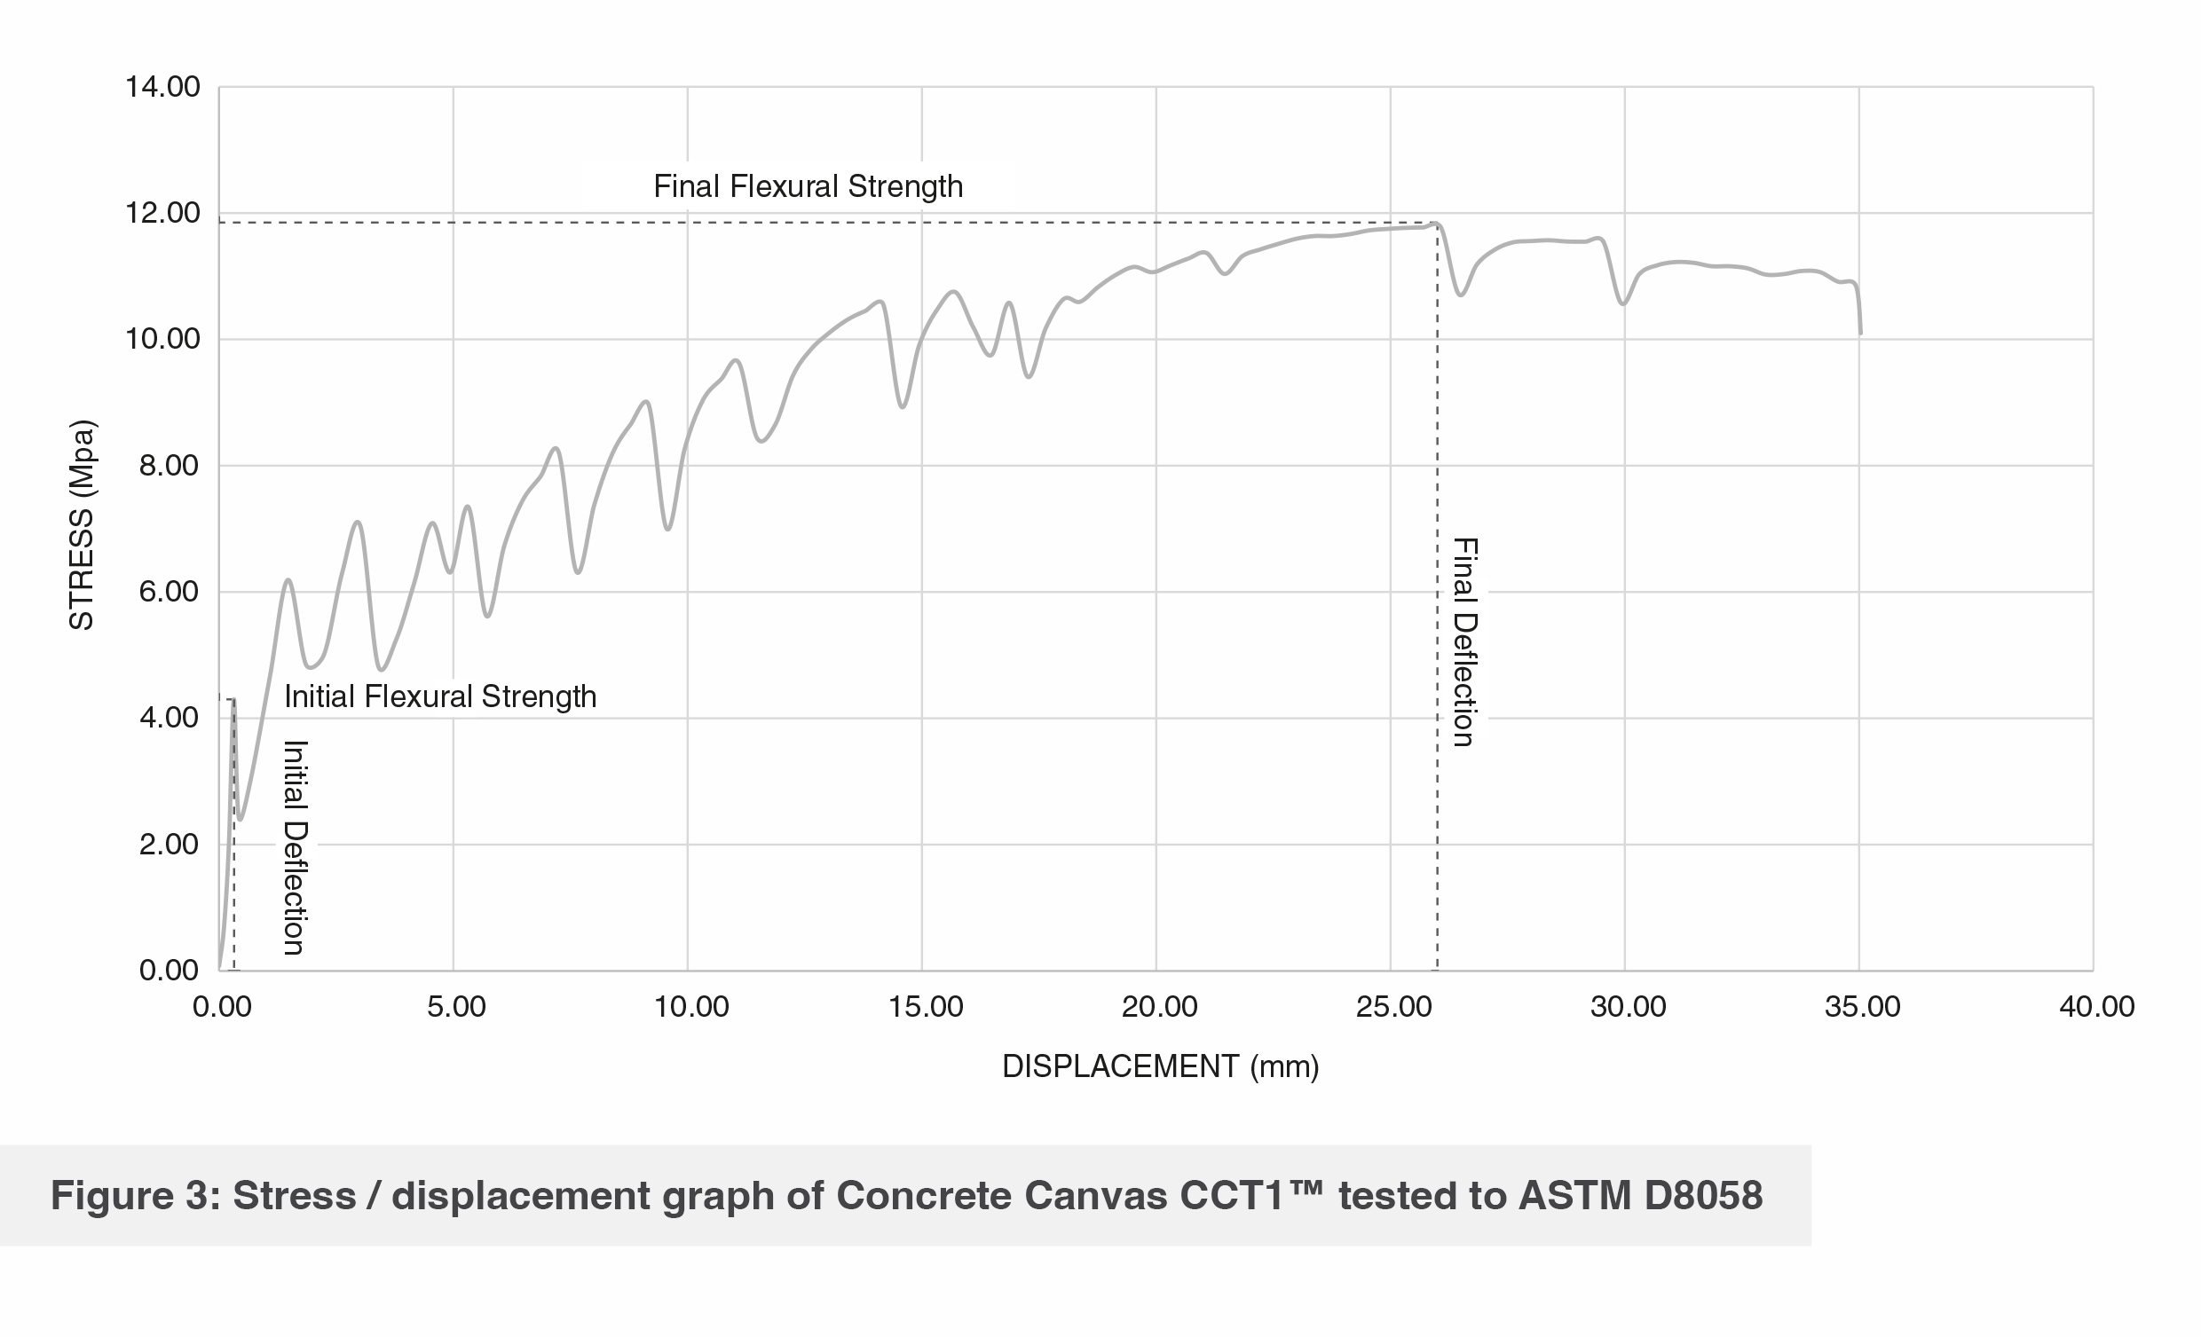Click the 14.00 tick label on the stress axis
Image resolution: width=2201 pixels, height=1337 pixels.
point(162,88)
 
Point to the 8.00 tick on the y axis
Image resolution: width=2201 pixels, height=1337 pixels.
point(169,466)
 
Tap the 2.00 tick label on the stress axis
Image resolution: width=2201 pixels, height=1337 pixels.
point(169,844)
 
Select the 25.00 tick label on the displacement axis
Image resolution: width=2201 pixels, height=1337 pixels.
point(1393,1008)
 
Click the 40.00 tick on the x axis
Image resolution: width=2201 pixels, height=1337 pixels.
point(2096,1008)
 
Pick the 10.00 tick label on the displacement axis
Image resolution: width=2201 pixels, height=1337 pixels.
point(690,1008)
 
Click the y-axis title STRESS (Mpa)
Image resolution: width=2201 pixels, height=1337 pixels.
point(82,525)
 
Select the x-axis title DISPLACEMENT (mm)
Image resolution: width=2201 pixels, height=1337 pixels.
point(1160,1066)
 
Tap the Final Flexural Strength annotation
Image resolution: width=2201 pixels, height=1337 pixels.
point(808,186)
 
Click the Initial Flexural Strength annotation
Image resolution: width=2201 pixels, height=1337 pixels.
point(439,696)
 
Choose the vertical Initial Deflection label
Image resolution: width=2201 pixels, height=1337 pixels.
point(296,846)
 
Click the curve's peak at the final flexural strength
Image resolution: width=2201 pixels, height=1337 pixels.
point(1436,224)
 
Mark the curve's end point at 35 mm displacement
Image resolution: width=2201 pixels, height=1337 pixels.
point(1861,333)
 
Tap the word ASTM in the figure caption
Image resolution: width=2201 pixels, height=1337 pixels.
point(1574,1196)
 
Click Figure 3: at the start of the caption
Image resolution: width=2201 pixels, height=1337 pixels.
point(135,1196)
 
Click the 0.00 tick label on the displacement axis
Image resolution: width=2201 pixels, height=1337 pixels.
point(222,1008)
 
